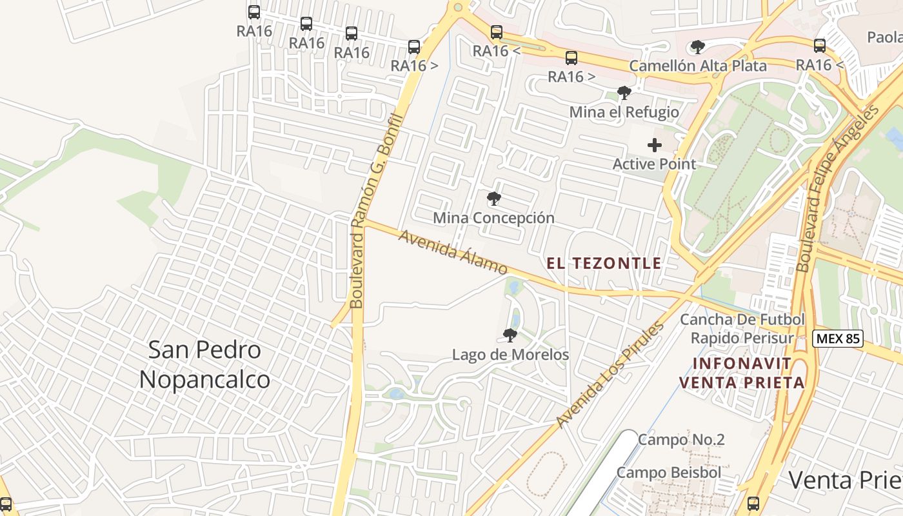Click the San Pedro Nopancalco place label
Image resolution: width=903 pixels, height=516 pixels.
tap(204, 364)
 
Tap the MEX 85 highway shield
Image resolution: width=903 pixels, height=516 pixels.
tap(837, 337)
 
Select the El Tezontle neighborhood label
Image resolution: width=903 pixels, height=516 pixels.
tap(604, 263)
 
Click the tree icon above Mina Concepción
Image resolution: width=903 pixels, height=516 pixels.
tap(494, 199)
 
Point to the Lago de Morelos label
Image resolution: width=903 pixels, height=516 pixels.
tap(510, 355)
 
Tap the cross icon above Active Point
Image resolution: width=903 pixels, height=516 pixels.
tap(654, 145)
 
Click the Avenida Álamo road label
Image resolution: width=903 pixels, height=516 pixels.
tap(452, 252)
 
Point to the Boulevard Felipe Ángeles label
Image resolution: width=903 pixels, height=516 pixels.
tap(837, 188)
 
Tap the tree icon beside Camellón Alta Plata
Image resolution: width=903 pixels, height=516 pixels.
tap(697, 46)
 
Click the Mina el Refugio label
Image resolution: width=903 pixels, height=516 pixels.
tap(624, 112)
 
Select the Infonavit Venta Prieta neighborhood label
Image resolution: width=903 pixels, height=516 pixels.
tap(742, 373)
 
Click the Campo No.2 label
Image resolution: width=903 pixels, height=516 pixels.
tap(681, 440)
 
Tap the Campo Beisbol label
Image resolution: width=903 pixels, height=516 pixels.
tap(669, 472)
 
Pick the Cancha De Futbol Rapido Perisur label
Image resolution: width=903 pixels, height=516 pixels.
tap(742, 328)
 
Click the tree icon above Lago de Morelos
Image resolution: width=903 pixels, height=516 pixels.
tap(510, 335)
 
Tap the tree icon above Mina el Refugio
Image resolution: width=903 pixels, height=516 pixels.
tap(624, 93)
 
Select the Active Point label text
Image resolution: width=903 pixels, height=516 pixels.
tap(654, 164)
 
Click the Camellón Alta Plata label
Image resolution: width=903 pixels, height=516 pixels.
tap(698, 66)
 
